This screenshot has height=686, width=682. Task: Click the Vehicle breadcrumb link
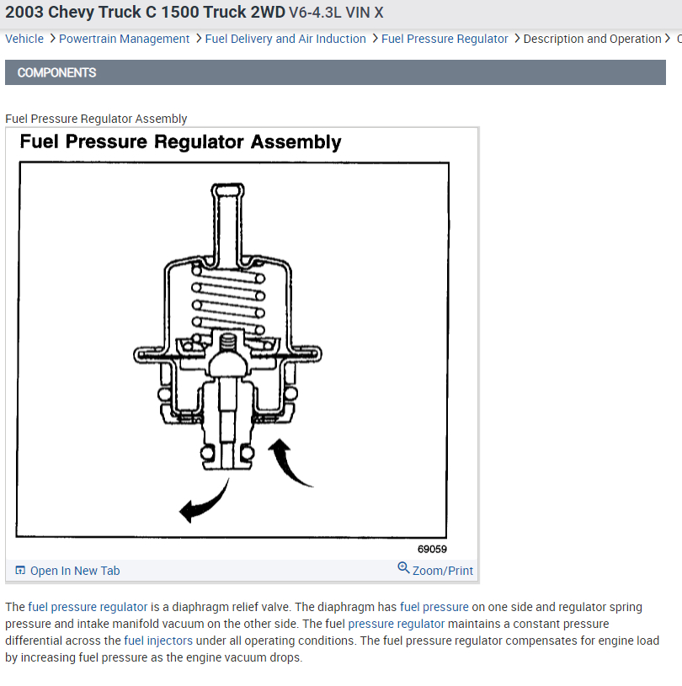click(24, 39)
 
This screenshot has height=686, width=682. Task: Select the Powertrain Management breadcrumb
click(124, 39)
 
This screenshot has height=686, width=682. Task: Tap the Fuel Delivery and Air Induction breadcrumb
click(285, 39)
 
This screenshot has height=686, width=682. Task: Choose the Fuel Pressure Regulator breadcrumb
click(445, 39)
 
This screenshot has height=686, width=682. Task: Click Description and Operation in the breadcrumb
click(592, 39)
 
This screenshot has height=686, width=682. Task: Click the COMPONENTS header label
click(56, 72)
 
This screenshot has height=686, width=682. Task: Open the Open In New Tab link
click(75, 571)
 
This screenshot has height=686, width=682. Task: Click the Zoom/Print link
click(443, 571)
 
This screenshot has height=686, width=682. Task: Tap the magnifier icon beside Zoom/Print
click(403, 568)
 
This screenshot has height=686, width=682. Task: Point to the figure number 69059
click(432, 550)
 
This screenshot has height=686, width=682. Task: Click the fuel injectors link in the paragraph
click(158, 641)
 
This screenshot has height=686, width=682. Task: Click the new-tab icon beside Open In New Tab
click(20, 571)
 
